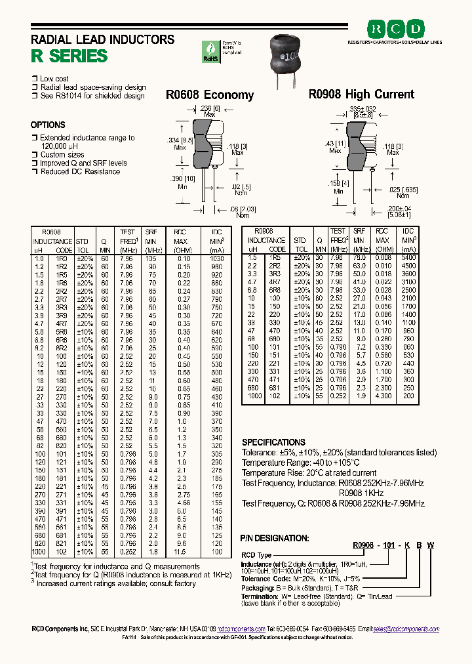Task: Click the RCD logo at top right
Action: [x=395, y=30]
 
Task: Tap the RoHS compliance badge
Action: [x=211, y=51]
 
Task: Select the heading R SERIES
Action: [x=69, y=56]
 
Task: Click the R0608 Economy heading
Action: [x=209, y=95]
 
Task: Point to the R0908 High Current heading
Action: [x=361, y=94]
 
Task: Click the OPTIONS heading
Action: [x=48, y=125]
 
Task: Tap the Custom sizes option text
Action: [x=62, y=155]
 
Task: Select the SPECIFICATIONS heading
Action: [x=273, y=442]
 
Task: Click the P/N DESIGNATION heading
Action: [x=273, y=537]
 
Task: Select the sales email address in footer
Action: [x=406, y=629]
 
